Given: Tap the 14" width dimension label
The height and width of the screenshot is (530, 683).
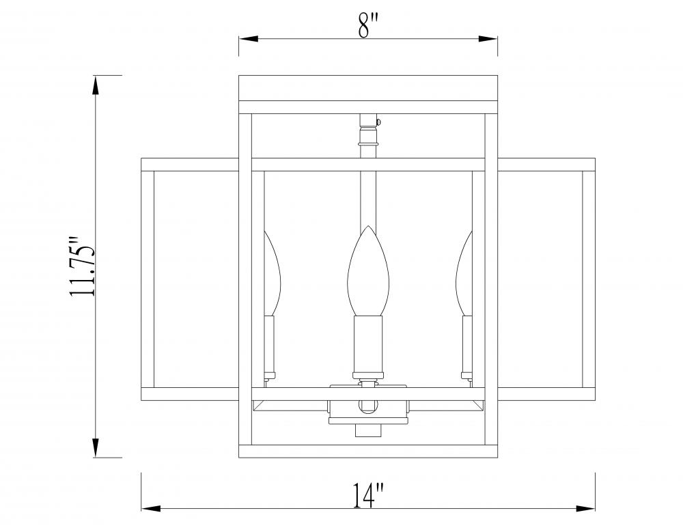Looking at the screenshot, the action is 369,495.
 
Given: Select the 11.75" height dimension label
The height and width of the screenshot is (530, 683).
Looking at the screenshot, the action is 83,266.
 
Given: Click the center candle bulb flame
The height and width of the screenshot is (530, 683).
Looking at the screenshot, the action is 367,270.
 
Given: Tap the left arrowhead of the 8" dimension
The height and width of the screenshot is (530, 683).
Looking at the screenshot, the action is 249,39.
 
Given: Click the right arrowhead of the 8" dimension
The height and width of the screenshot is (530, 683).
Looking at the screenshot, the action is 488,39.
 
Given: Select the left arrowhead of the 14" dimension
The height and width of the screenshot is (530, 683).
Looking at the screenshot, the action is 151,508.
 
